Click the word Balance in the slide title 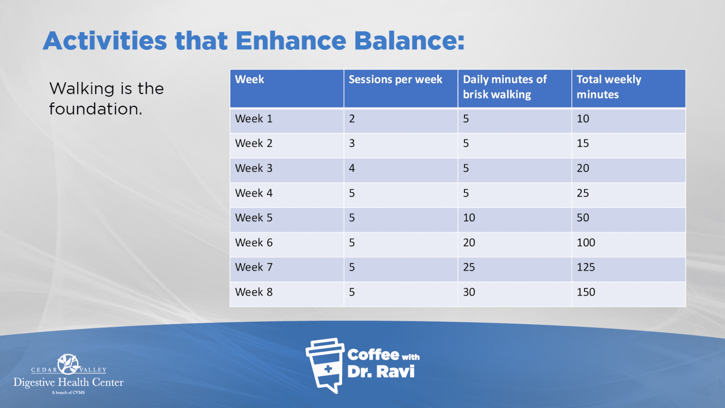(410, 41)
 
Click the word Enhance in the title (290, 41)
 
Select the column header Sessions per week (395, 79)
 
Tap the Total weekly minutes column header (609, 87)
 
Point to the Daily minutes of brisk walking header (505, 87)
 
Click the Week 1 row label (254, 119)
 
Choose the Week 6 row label (254, 243)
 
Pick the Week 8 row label (254, 292)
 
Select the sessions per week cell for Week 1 (352, 119)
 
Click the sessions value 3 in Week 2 (352, 143)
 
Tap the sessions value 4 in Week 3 (352, 168)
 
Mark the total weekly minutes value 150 (586, 292)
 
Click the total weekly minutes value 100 (586, 243)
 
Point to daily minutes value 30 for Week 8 (469, 292)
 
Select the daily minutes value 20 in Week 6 (469, 243)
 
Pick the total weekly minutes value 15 (583, 143)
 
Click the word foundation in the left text (96, 109)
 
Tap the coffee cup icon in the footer (325, 365)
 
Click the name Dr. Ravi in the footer (381, 372)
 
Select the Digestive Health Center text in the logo (68, 383)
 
